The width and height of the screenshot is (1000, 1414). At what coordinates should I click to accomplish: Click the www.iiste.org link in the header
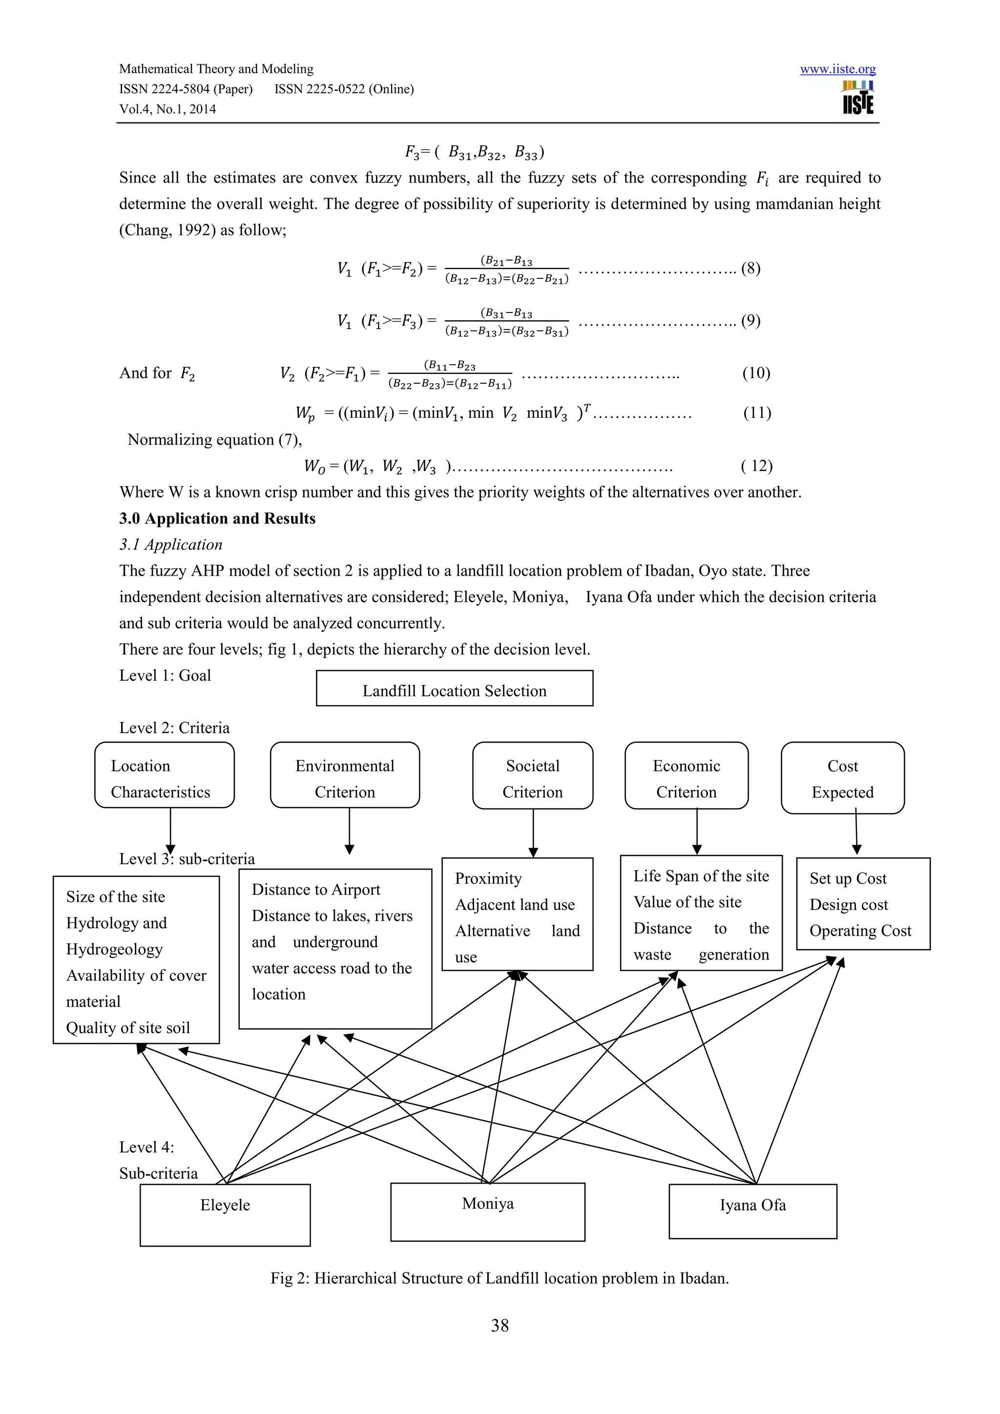coord(837,69)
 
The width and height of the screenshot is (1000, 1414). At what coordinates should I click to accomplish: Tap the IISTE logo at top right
coord(858,99)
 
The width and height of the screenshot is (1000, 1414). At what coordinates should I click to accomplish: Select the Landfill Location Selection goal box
coord(455,688)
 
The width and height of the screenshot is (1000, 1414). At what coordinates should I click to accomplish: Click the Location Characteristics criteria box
coord(165,775)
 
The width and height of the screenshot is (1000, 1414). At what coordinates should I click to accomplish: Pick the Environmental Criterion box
coord(345,775)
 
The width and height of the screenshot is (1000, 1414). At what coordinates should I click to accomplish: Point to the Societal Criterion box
coord(533,775)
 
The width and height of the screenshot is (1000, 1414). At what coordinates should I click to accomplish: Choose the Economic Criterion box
coord(687,775)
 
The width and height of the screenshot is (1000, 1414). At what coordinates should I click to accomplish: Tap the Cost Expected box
coord(842,778)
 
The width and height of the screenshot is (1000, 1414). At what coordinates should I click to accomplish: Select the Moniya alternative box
coord(488,1211)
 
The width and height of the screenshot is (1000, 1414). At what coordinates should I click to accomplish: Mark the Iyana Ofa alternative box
coord(752,1211)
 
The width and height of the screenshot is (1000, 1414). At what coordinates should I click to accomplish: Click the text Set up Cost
coord(848,879)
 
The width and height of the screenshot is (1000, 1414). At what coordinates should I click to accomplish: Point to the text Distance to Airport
coord(316,890)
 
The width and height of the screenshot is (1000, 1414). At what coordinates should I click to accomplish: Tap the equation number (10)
coord(756,373)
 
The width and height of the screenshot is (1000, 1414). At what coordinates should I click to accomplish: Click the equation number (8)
coord(750,269)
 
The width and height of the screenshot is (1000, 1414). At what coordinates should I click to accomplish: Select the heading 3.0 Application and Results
coord(217,519)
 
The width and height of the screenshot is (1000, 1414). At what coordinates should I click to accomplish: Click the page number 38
coord(500,1325)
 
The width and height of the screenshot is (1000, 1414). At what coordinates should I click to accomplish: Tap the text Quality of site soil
coord(128,1028)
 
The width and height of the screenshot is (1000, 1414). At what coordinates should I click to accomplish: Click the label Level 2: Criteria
coord(174,728)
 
